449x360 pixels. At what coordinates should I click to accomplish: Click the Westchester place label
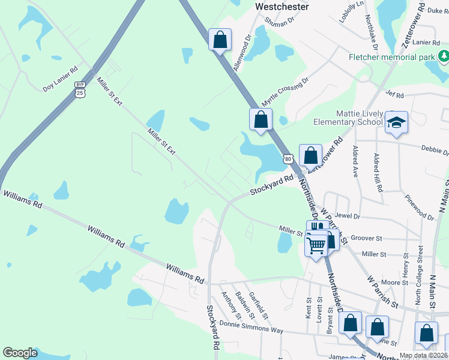click(282, 7)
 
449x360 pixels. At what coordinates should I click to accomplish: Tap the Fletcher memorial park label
click(391, 58)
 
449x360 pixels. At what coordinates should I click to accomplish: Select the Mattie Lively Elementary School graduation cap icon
click(396, 122)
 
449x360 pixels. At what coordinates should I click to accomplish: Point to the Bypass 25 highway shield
click(80, 89)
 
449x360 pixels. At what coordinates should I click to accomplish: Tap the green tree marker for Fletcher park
click(444, 57)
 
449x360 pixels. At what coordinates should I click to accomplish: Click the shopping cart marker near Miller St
click(316, 244)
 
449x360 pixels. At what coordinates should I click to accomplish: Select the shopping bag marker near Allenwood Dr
click(220, 40)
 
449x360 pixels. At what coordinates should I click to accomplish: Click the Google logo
click(20, 353)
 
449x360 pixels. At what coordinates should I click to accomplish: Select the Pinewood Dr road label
click(418, 207)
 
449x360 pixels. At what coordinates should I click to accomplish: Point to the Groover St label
click(366, 238)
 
